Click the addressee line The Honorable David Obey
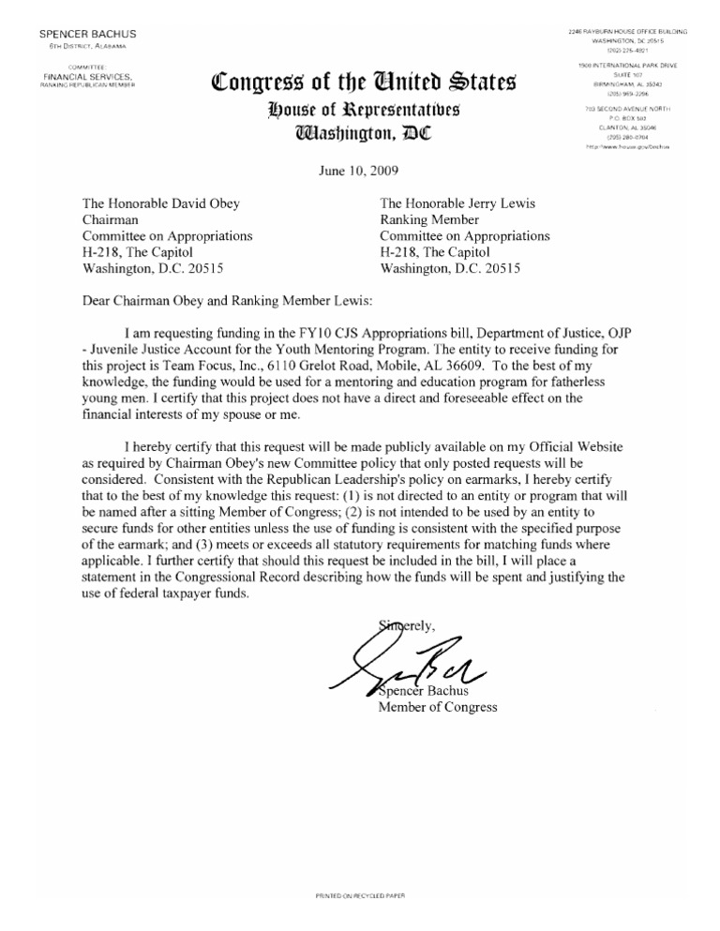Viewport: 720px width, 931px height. click(x=162, y=203)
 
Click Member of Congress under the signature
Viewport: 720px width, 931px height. click(x=437, y=707)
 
